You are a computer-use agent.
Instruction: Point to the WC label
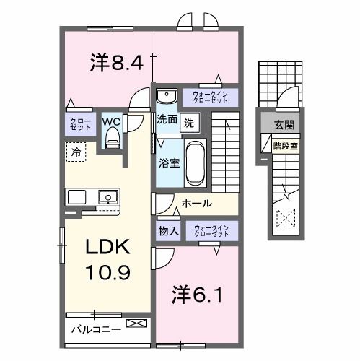click(110, 121)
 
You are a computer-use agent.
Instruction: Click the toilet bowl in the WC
click(111, 140)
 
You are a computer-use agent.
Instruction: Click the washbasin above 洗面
click(167, 96)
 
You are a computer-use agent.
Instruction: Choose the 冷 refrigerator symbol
click(76, 151)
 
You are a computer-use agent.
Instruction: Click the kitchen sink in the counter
click(107, 196)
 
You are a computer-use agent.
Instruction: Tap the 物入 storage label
click(169, 232)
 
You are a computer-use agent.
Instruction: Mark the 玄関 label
click(284, 124)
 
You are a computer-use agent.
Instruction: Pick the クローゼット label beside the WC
click(81, 123)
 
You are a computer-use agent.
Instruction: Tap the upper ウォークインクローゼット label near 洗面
click(211, 96)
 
